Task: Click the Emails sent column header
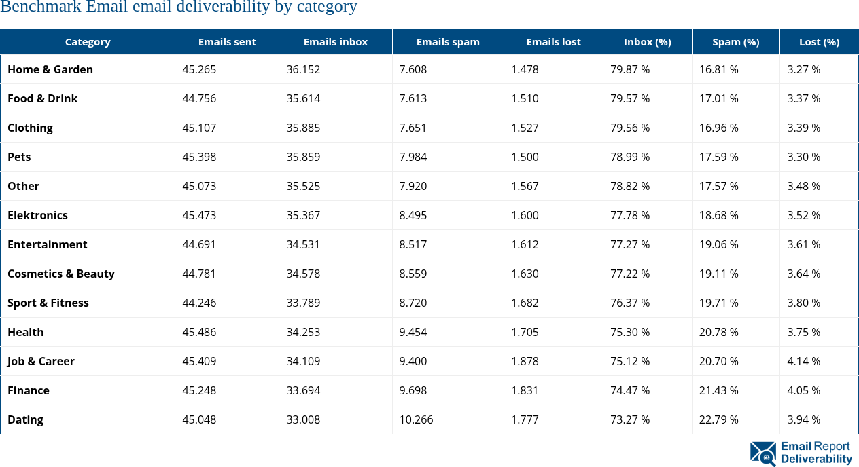227,41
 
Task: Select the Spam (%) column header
735,41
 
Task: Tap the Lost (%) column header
819,41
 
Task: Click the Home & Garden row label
50,69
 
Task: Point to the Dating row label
26,419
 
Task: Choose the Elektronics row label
38,215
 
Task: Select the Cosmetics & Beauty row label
61,274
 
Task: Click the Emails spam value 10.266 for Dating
416,419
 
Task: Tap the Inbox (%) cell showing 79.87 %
630,69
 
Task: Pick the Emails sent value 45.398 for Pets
199,157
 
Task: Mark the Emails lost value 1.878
525,361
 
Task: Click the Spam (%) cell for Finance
718,390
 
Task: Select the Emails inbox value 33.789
303,303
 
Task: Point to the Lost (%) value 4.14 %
803,361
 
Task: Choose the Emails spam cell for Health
413,332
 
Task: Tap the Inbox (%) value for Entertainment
630,244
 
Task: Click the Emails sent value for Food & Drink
199,98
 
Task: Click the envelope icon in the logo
763,453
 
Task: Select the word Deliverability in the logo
816,459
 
